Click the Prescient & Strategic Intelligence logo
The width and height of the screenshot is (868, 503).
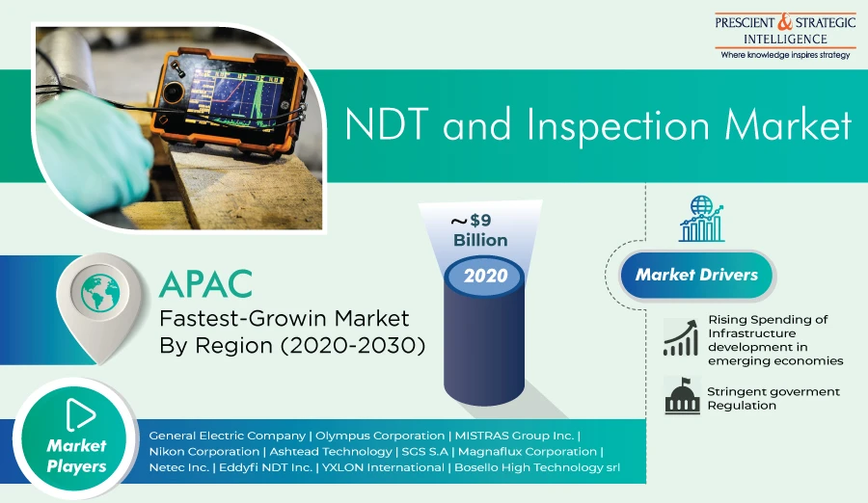(x=785, y=36)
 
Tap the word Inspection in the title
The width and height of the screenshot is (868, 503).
(x=617, y=126)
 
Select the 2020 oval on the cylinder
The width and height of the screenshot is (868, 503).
(x=485, y=276)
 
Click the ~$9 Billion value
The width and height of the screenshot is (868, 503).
(x=480, y=230)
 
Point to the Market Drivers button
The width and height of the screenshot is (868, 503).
(x=696, y=275)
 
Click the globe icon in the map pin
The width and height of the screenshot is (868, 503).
(x=100, y=292)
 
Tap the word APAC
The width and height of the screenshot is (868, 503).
(x=206, y=284)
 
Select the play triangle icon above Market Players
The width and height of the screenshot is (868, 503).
(x=80, y=414)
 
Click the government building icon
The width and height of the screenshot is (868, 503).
(x=682, y=396)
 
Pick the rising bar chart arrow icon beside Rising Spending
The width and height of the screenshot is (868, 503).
(x=681, y=338)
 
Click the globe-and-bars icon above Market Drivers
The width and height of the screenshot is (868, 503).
(x=701, y=219)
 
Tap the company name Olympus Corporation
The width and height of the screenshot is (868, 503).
(x=380, y=437)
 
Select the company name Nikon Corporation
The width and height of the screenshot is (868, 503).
(x=204, y=452)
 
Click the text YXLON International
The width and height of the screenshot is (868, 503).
(x=383, y=467)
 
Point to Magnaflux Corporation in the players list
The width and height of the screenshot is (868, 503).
(x=528, y=452)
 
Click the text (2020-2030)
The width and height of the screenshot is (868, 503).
(x=353, y=345)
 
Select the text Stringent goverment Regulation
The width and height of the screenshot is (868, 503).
(x=773, y=398)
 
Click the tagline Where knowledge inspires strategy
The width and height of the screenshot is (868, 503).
(x=785, y=55)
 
